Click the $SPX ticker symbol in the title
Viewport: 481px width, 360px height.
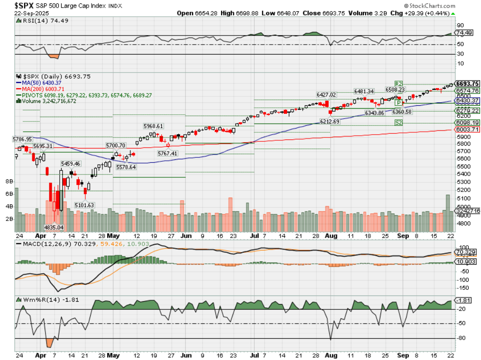tap(24, 5)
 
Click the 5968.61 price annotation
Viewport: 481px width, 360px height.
tap(153, 126)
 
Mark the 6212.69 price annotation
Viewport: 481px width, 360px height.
tap(330, 121)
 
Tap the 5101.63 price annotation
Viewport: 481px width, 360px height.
tap(85, 205)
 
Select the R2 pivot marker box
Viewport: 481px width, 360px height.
tap(398, 83)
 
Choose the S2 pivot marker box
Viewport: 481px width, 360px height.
tap(399, 123)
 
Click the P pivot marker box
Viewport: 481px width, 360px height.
tap(398, 102)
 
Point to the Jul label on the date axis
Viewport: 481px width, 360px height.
tap(255, 235)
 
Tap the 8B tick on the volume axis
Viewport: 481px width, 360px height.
tap(9, 181)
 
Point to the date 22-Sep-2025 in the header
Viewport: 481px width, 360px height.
tap(32, 13)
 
